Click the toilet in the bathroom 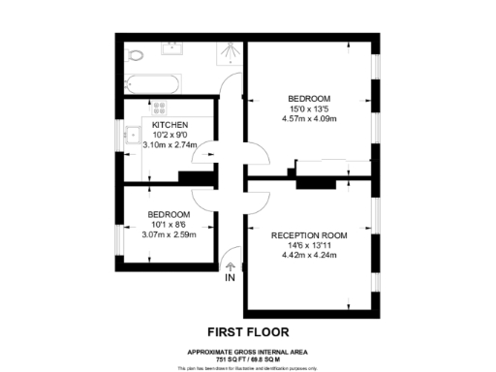pyautogui.click(x=137, y=54)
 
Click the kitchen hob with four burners pyautogui.click(x=158, y=109)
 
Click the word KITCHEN pyautogui.click(x=169, y=126)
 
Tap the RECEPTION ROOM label pyautogui.click(x=308, y=235)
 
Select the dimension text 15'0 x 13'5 pyautogui.click(x=309, y=109)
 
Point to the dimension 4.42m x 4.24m pyautogui.click(x=308, y=255)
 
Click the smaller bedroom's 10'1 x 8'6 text pyautogui.click(x=169, y=224)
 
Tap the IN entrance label pyautogui.click(x=230, y=278)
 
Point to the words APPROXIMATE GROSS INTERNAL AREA pyautogui.click(x=248, y=350)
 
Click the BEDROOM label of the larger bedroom pyautogui.click(x=309, y=99)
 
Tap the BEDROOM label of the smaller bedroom pyautogui.click(x=169, y=214)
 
